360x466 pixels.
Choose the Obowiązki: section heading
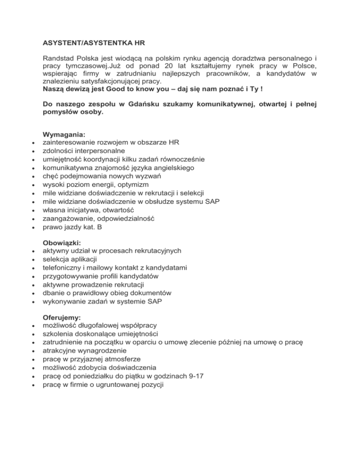tap(62, 243)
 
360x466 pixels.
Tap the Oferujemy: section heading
tap(62, 317)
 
